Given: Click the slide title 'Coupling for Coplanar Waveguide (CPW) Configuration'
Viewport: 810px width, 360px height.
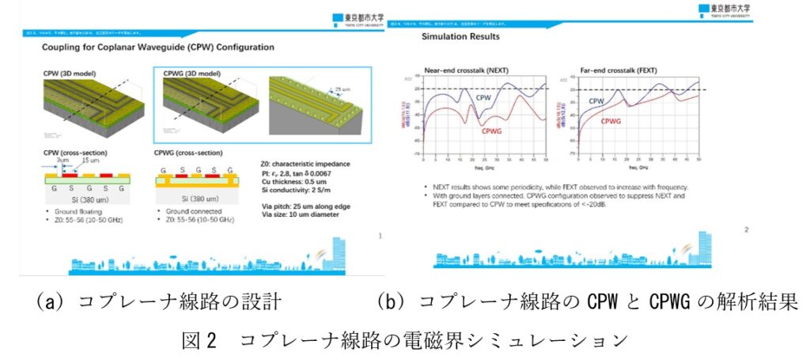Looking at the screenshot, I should coord(157,47).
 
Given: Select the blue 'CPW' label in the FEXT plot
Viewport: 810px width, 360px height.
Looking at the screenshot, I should coord(596,101).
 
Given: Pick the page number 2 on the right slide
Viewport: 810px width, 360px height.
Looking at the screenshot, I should coord(746,229).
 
